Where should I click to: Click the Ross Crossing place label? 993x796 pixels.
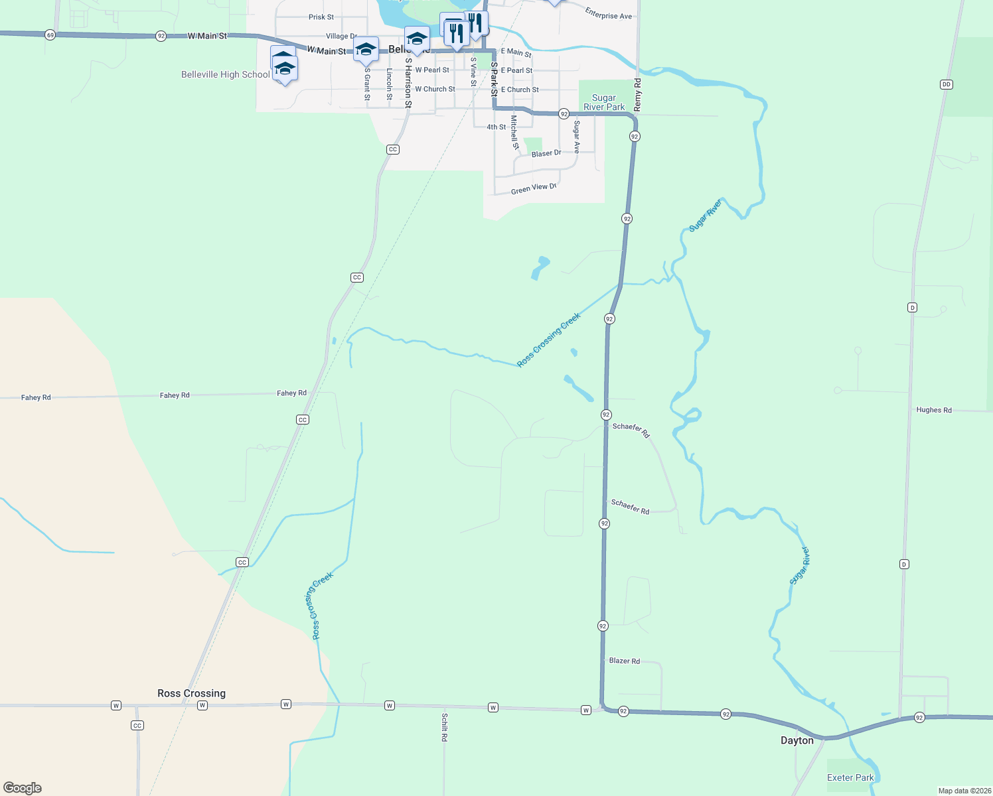click(191, 693)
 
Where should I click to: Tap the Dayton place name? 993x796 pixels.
click(797, 740)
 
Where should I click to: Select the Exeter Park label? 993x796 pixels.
click(850, 777)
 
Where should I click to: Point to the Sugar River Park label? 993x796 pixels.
click(604, 102)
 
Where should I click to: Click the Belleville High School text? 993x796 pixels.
click(226, 74)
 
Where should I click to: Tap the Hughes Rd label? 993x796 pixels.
click(934, 410)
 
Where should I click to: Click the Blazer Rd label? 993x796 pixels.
click(625, 661)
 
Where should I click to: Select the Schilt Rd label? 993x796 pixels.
click(445, 727)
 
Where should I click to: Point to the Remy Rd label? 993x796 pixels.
click(638, 94)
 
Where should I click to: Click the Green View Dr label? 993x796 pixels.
click(533, 189)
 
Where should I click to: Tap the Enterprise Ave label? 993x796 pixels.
click(608, 13)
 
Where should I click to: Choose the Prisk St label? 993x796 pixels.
click(321, 17)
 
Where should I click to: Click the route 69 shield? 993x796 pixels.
click(50, 34)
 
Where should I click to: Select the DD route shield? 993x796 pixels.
click(947, 84)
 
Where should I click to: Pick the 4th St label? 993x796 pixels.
click(496, 127)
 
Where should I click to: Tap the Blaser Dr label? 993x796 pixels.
click(546, 153)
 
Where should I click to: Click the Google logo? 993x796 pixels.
click(23, 788)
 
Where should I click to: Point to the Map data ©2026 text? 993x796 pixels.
click(964, 791)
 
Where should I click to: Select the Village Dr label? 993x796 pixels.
click(341, 36)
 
